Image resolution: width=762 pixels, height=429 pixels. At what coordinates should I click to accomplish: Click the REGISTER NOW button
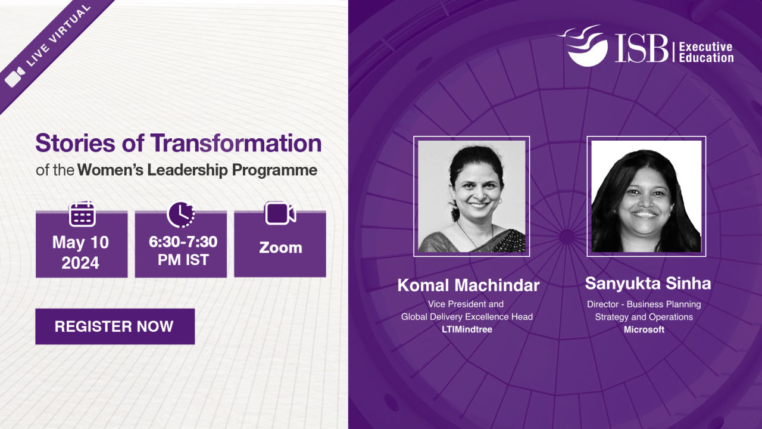pyautogui.click(x=115, y=327)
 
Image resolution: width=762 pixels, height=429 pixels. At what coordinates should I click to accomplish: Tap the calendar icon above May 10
pyautogui.click(x=82, y=214)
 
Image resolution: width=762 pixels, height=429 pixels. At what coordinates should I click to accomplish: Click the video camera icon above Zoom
pyautogui.click(x=280, y=213)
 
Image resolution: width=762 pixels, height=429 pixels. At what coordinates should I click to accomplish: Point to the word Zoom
pyautogui.click(x=280, y=248)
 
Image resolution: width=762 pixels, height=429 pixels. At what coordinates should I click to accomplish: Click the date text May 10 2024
pyautogui.click(x=80, y=252)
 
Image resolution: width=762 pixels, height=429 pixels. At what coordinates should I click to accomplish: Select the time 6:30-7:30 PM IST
pyautogui.click(x=183, y=251)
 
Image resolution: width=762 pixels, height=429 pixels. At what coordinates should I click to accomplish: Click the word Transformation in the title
pyautogui.click(x=236, y=143)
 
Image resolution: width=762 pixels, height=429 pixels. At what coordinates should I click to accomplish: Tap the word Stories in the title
pyautogui.click(x=75, y=143)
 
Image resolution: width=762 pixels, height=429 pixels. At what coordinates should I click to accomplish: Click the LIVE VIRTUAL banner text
pyautogui.click(x=58, y=35)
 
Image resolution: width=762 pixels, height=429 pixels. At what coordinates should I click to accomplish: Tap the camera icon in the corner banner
pyautogui.click(x=15, y=77)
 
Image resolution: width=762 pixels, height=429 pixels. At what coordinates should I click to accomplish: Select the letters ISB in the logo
pyautogui.click(x=642, y=49)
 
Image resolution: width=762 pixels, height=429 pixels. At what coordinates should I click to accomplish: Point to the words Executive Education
pyautogui.click(x=706, y=52)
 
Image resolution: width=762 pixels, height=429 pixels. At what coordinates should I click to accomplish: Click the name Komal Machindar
pyautogui.click(x=469, y=285)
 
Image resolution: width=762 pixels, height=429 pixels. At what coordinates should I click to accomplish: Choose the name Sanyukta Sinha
pyautogui.click(x=648, y=283)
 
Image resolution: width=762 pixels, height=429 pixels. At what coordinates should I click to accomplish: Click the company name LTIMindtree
pyautogui.click(x=467, y=329)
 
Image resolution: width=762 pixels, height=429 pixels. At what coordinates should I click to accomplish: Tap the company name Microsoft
pyautogui.click(x=644, y=329)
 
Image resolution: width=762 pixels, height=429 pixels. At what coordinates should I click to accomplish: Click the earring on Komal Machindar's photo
pyautogui.click(x=500, y=201)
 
